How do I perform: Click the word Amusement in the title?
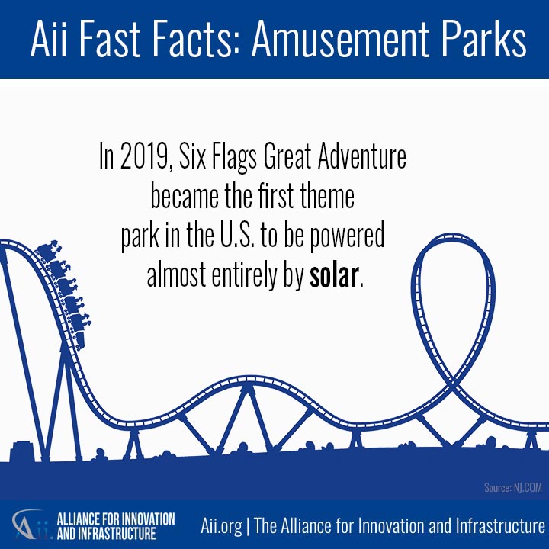[x=340, y=39]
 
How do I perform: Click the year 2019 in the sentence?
[x=143, y=156]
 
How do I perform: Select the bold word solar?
[x=334, y=274]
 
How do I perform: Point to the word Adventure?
[x=362, y=156]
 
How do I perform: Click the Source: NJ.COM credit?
[x=513, y=487]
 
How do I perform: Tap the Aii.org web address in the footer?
[x=221, y=526]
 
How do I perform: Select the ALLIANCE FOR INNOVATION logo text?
[x=116, y=519]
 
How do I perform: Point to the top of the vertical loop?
[x=452, y=236]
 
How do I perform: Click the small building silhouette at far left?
[x=22, y=451]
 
